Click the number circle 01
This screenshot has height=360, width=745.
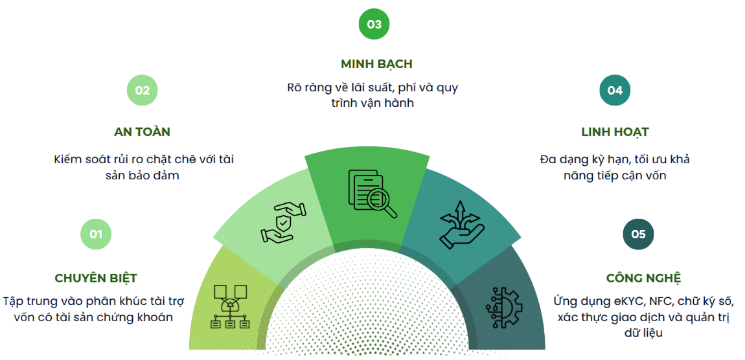pyautogui.click(x=96, y=234)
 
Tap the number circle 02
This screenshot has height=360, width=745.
pyautogui.click(x=142, y=90)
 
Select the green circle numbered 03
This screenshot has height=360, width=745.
pyautogui.click(x=374, y=24)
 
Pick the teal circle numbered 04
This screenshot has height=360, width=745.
pyautogui.click(x=615, y=90)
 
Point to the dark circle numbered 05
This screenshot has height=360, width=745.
pyautogui.click(x=638, y=234)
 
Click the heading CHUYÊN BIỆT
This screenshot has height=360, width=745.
pyautogui.click(x=96, y=278)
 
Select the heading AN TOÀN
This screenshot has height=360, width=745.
pyautogui.click(x=142, y=132)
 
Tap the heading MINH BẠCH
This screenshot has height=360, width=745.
pyautogui.click(x=376, y=64)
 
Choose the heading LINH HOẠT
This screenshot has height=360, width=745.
pyautogui.click(x=615, y=132)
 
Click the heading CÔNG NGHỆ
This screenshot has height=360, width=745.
pyautogui.click(x=644, y=278)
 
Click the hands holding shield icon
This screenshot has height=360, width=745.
pyautogui.click(x=284, y=222)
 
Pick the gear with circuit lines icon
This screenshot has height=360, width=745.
pyautogui.click(x=504, y=306)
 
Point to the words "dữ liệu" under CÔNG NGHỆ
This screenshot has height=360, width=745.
pyautogui.click(x=644, y=333)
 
